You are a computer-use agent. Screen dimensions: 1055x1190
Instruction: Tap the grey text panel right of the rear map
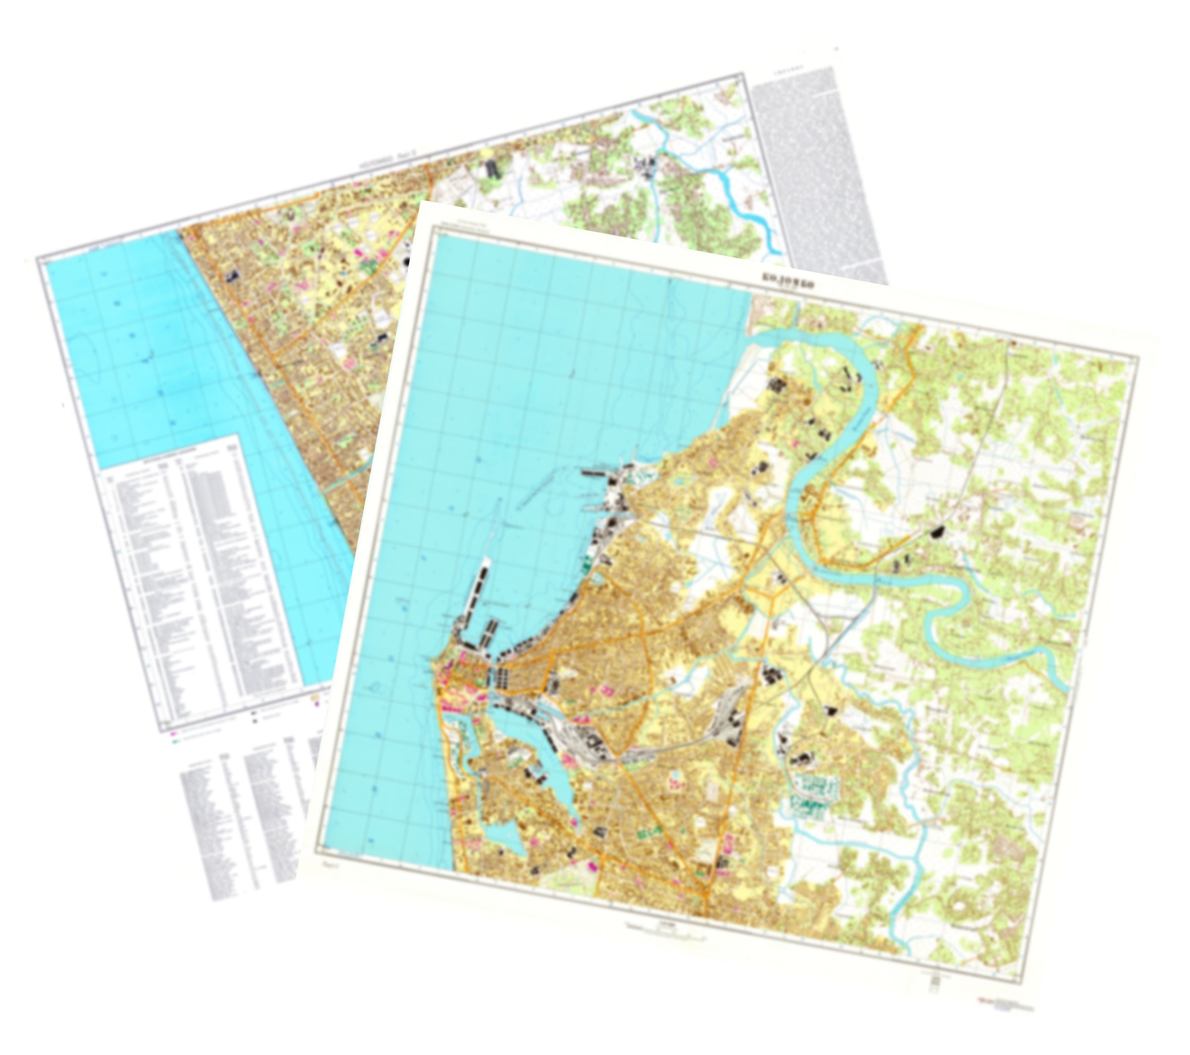815,175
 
